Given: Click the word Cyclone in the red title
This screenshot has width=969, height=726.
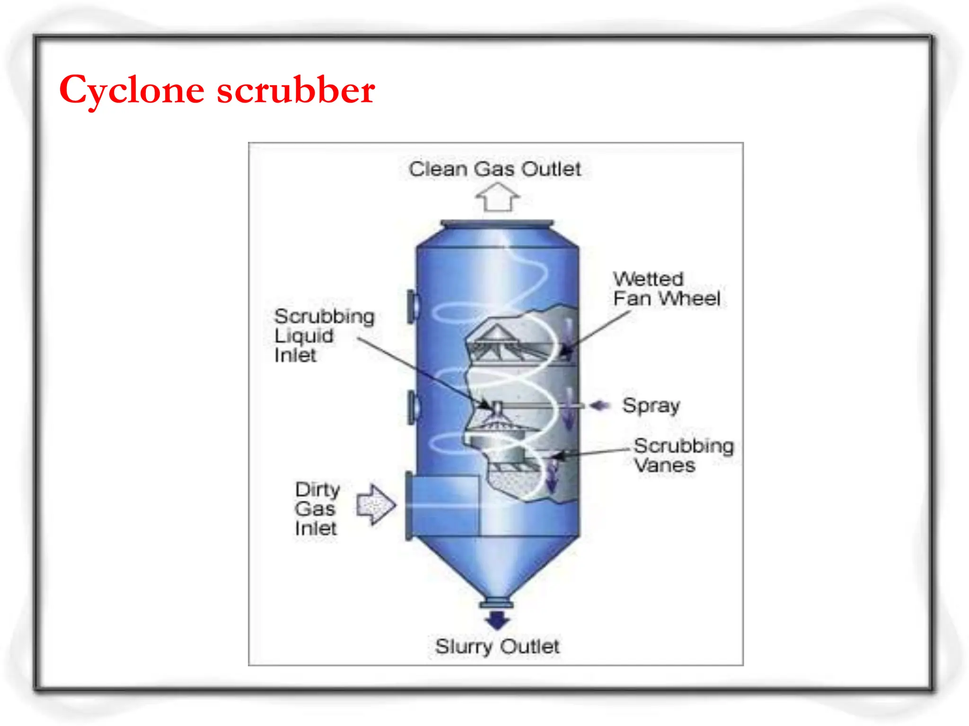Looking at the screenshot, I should (x=132, y=90).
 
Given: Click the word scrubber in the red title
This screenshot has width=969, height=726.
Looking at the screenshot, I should (x=296, y=90).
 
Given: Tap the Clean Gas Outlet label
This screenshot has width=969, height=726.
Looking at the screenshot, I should (x=494, y=169).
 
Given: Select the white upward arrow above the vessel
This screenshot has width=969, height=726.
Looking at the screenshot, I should (x=497, y=197).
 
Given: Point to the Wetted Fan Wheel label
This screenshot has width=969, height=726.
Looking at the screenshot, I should (x=666, y=289).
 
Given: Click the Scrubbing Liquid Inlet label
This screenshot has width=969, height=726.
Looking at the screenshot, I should (x=324, y=336).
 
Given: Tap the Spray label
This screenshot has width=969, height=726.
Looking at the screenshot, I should (x=651, y=406).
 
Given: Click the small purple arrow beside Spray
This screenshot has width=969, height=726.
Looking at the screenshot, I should (x=599, y=406).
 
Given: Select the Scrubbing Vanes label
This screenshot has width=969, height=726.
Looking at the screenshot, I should (x=683, y=455).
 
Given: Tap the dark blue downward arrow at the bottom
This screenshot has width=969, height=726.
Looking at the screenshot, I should (x=497, y=620).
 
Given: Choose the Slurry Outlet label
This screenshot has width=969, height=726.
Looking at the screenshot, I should (x=497, y=647).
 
